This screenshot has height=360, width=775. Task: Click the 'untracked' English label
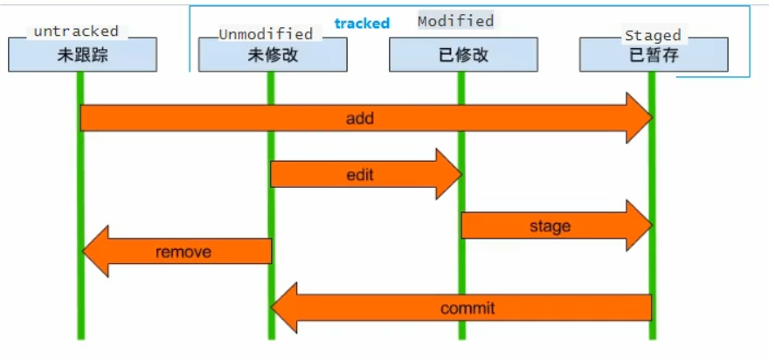tap(75, 31)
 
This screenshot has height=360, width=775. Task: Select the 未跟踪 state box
tap(82, 56)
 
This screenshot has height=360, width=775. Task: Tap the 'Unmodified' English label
tap(266, 34)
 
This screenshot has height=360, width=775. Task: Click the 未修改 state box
tap(272, 56)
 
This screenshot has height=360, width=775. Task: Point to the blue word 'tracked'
tap(362, 24)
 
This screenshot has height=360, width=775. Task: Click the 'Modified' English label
tap(455, 20)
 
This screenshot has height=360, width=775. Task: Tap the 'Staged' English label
tap(652, 35)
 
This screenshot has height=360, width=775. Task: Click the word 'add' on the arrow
tap(359, 118)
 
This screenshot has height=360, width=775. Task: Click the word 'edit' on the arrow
tap(359, 174)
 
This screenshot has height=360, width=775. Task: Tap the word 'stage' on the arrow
tap(550, 225)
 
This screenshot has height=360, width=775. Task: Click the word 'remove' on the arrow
tap(183, 252)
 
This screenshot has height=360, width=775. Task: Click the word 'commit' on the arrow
tap(467, 308)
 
